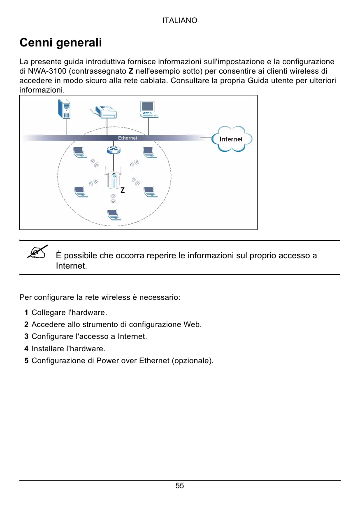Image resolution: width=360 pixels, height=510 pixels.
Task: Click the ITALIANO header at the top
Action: coord(180,20)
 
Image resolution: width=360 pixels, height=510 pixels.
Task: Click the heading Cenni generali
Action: coord(61,42)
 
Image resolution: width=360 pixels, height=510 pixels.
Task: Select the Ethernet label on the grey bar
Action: coord(128,138)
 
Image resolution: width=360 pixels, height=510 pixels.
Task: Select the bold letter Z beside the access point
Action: coord(123,191)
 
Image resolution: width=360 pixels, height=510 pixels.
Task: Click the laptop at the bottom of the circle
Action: coord(112,213)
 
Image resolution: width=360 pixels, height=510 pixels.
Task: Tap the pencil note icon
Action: coord(37,252)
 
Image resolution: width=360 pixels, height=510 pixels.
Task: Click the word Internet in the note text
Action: coord(72,266)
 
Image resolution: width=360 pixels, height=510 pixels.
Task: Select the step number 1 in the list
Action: coord(26,312)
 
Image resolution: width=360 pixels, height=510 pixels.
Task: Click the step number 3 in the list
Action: coord(26,336)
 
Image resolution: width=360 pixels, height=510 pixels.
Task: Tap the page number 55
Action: coord(180,486)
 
